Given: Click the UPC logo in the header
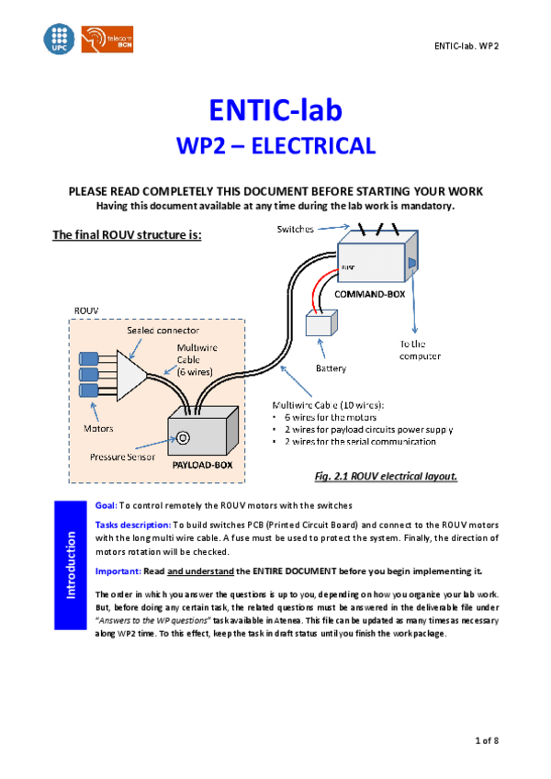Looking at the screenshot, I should point(57,39).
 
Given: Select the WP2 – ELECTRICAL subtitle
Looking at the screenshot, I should point(275,146).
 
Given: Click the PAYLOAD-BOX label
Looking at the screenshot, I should point(202,465).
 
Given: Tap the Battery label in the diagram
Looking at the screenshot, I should point(331,367).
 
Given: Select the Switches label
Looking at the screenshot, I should point(295,228).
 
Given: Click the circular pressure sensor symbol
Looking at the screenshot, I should point(182,437).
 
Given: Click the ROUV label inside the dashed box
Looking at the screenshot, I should point(84,311).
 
